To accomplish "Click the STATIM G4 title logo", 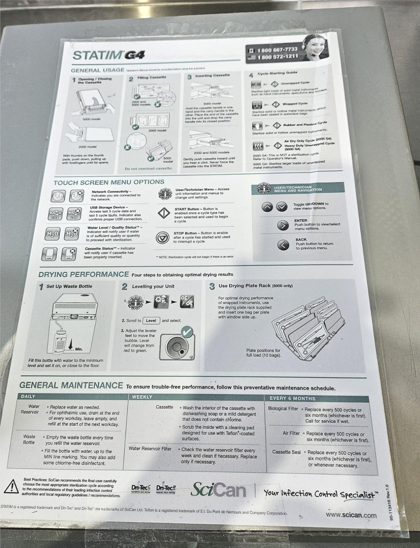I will (x=108, y=55).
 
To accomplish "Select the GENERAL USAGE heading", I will (x=97, y=70).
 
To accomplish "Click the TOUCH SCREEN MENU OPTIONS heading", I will (x=109, y=183).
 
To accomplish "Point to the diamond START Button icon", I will (x=164, y=214).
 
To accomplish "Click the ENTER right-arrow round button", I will (x=283, y=225).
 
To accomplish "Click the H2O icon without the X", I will (x=53, y=234).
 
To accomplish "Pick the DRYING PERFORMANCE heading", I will (x=84, y=274).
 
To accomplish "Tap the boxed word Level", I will (x=151, y=321).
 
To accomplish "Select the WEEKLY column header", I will (x=142, y=397).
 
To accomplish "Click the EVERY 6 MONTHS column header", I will (x=292, y=399).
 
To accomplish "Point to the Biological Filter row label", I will (x=283, y=409).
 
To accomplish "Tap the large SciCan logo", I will (x=218, y=490).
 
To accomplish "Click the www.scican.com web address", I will (x=351, y=515).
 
